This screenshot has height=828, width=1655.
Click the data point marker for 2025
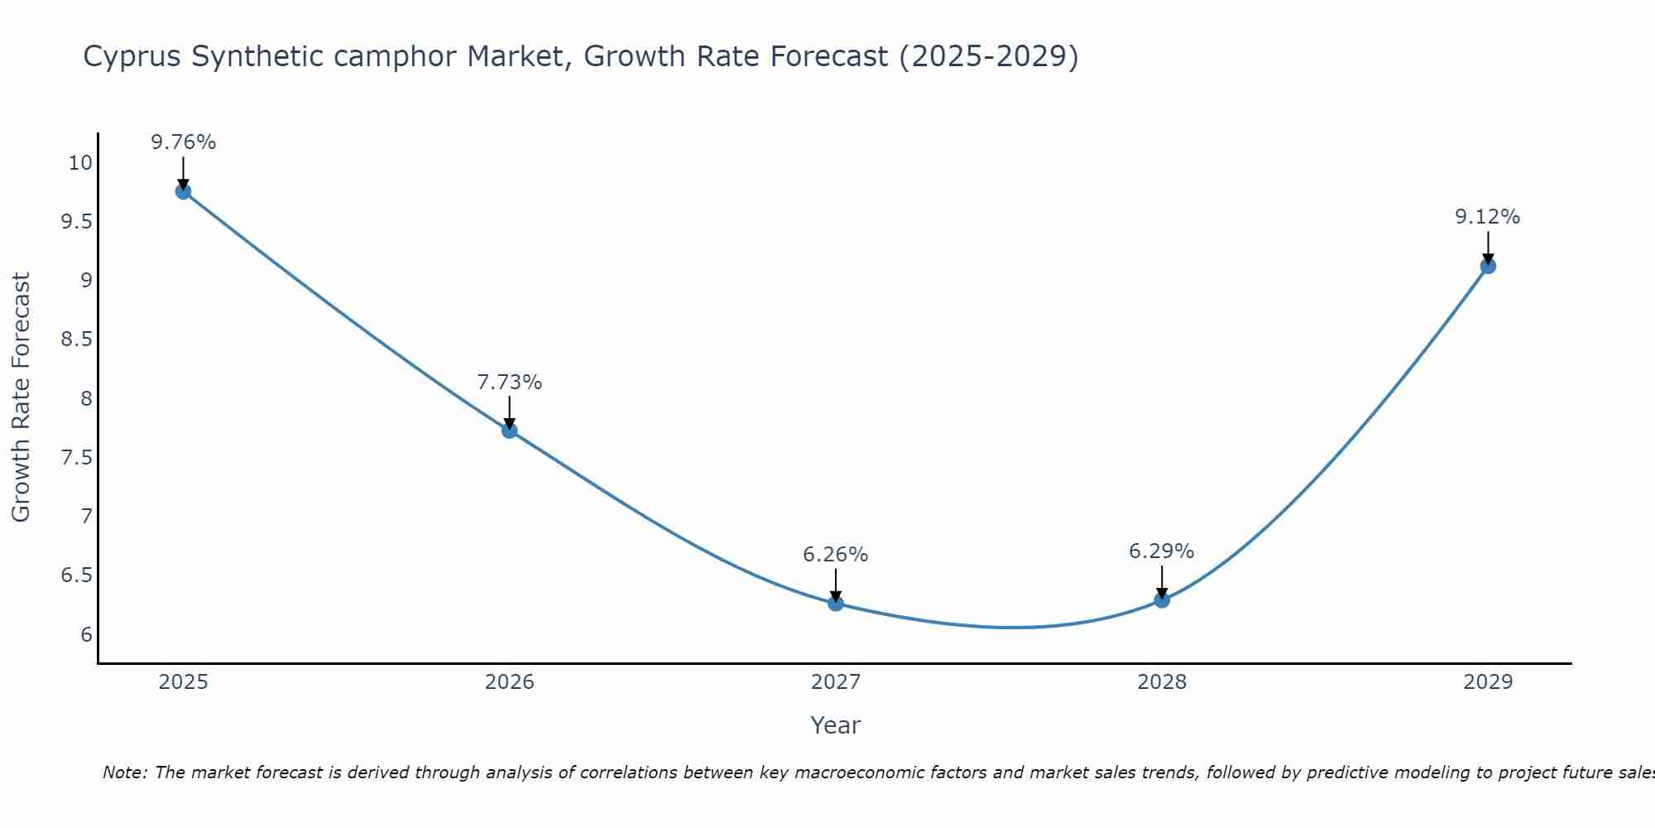183,191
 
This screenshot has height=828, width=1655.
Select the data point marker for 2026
509,431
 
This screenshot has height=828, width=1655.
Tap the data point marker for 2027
836,604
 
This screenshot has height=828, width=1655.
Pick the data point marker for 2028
1162,599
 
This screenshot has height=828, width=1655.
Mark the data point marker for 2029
1488,266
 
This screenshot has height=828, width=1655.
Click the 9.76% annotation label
183,142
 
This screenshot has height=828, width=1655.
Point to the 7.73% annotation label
509,383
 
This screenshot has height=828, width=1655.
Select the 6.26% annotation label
836,555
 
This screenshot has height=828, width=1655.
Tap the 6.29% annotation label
1162,551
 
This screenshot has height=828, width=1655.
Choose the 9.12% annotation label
1488,217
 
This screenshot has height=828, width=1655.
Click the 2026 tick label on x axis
509,682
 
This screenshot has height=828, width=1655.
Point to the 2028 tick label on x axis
1162,682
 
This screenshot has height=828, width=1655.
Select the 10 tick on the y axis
80,163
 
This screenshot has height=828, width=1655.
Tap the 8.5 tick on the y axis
77,339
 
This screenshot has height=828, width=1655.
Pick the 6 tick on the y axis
86,635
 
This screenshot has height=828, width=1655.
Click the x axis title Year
836,725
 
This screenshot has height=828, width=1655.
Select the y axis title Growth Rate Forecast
21,397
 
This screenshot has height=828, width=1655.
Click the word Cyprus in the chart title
133,57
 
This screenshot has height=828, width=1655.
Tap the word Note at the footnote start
123,773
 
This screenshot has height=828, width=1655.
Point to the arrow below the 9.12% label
1488,248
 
